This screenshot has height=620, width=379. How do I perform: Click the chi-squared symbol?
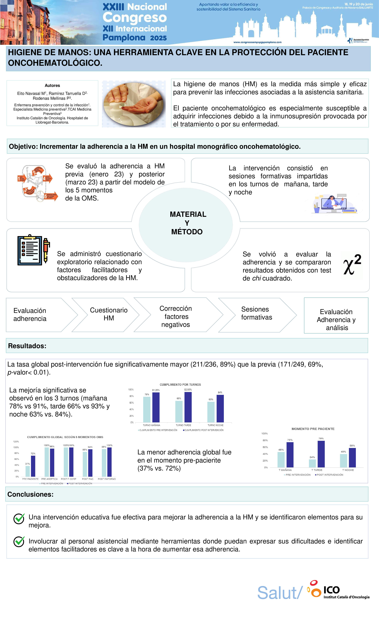coord(352,265)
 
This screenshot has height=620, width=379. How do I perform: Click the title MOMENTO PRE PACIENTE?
coord(313,429)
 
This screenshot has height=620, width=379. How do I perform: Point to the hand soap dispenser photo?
coord(134,104)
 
